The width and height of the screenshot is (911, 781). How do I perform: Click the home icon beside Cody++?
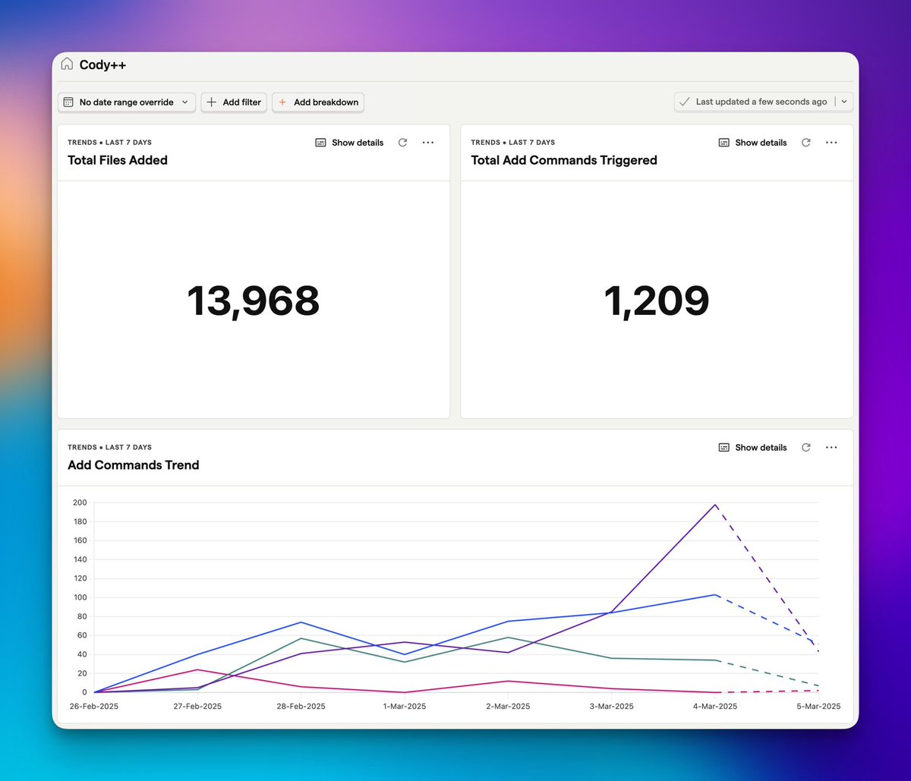(67, 65)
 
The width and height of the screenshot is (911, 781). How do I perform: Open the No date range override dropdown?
(126, 102)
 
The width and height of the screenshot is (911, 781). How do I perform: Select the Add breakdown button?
(318, 102)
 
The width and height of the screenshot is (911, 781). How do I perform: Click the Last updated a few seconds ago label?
(761, 102)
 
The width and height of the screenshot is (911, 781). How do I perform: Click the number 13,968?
(254, 301)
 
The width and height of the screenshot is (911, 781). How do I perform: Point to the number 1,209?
(657, 301)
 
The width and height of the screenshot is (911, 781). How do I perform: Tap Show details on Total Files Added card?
(350, 143)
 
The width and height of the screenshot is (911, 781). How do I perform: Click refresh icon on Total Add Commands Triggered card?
(806, 143)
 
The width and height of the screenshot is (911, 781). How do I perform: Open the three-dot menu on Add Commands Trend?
(831, 448)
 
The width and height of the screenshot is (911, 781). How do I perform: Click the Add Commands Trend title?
(134, 465)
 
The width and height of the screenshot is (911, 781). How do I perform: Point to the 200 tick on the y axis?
(80, 502)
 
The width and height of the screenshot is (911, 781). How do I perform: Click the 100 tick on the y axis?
(80, 597)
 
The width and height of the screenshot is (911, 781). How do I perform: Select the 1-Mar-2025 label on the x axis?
(404, 707)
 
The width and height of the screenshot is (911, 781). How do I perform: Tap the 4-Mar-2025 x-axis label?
(715, 707)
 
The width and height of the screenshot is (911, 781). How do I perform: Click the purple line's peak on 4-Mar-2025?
(715, 505)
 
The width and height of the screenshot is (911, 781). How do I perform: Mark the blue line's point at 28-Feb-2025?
(301, 622)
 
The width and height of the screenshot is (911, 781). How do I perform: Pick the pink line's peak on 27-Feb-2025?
(197, 669)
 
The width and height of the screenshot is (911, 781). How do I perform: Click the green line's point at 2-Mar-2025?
(508, 638)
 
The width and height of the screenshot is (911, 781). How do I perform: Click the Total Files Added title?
(118, 160)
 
